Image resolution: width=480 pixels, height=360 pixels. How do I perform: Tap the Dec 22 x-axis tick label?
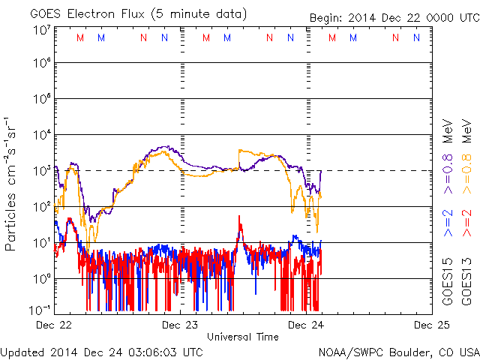click(54, 325)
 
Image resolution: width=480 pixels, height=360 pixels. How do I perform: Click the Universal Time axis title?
click(242, 337)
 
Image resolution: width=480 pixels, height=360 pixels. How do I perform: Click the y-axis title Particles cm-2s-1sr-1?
click(13, 184)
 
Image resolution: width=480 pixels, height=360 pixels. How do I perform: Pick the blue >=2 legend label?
click(448, 224)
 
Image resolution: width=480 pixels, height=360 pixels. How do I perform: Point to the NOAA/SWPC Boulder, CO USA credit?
click(398, 351)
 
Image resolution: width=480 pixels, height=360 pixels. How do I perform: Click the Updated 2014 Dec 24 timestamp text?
click(101, 351)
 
